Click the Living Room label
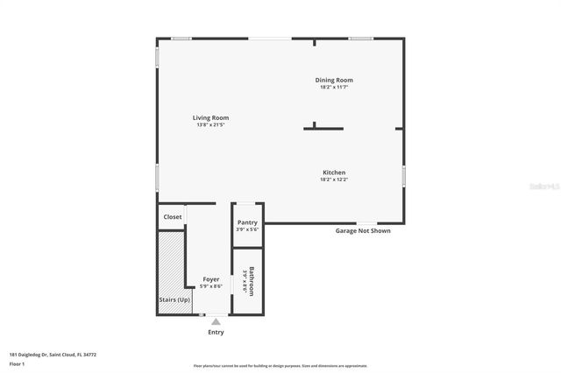click(x=210, y=117)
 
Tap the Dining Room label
click(x=334, y=80)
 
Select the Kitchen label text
click(x=333, y=172)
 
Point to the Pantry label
click(x=247, y=222)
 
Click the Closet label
click(x=173, y=216)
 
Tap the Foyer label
click(x=211, y=278)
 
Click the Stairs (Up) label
click(x=174, y=299)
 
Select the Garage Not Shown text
click(x=363, y=231)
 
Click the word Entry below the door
click(x=216, y=332)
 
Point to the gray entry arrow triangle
click(x=216, y=321)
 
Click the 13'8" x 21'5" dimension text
click(x=210, y=124)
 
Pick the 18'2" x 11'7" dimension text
click(x=334, y=87)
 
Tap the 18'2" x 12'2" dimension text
click(x=333, y=179)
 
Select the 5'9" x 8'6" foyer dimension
click(x=211, y=285)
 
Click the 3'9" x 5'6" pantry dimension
click(x=247, y=229)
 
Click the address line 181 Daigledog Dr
click(x=53, y=355)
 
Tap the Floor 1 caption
click(x=17, y=363)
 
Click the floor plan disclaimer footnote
click(x=280, y=366)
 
